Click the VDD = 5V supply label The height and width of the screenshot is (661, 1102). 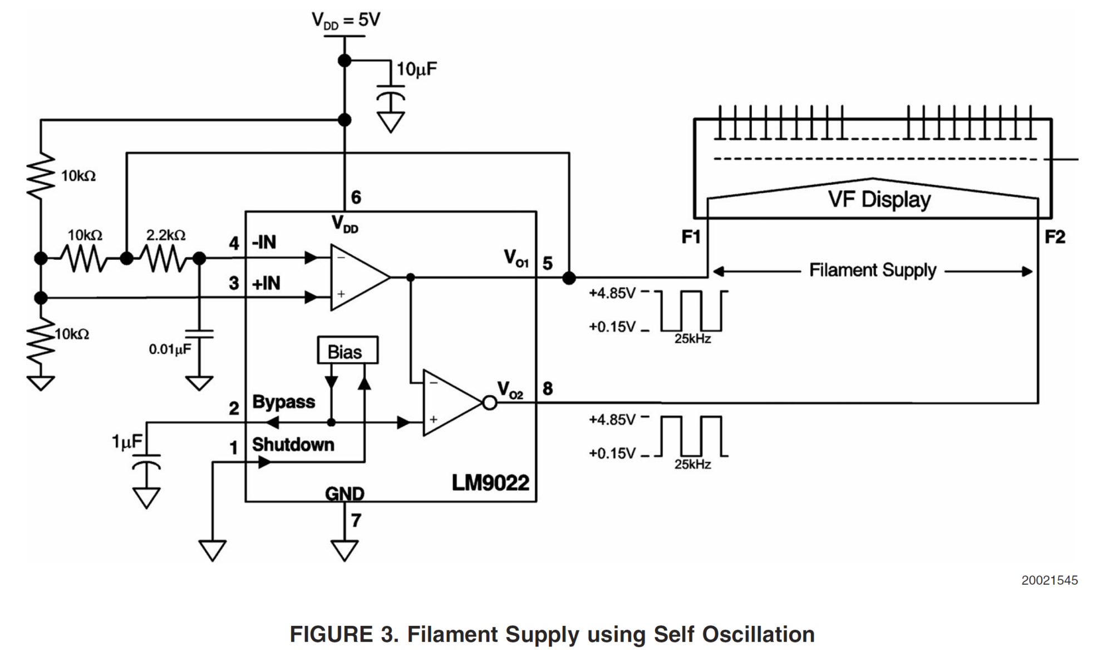(x=346, y=20)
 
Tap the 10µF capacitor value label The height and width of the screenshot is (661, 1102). (x=416, y=70)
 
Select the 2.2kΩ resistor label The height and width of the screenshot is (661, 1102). (x=166, y=235)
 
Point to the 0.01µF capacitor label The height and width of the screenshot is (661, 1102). (x=170, y=349)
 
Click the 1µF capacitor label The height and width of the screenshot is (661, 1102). (x=127, y=442)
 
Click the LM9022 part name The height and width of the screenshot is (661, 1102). (x=490, y=482)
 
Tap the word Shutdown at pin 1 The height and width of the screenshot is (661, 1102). (x=293, y=445)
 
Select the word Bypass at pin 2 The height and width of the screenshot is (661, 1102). (x=283, y=402)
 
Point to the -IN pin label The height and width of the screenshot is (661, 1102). (x=264, y=243)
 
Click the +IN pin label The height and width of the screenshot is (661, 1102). (x=266, y=283)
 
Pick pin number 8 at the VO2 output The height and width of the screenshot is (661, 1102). (x=548, y=388)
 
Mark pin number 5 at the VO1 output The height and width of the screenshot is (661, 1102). (x=548, y=263)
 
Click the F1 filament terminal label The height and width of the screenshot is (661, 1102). (x=691, y=237)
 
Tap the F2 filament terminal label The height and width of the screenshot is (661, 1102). (x=1055, y=237)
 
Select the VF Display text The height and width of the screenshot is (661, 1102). (x=879, y=199)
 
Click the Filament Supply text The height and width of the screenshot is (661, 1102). (x=872, y=270)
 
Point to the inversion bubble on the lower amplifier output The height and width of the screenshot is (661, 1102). (x=489, y=402)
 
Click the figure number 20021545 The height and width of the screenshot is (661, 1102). (x=1049, y=580)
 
